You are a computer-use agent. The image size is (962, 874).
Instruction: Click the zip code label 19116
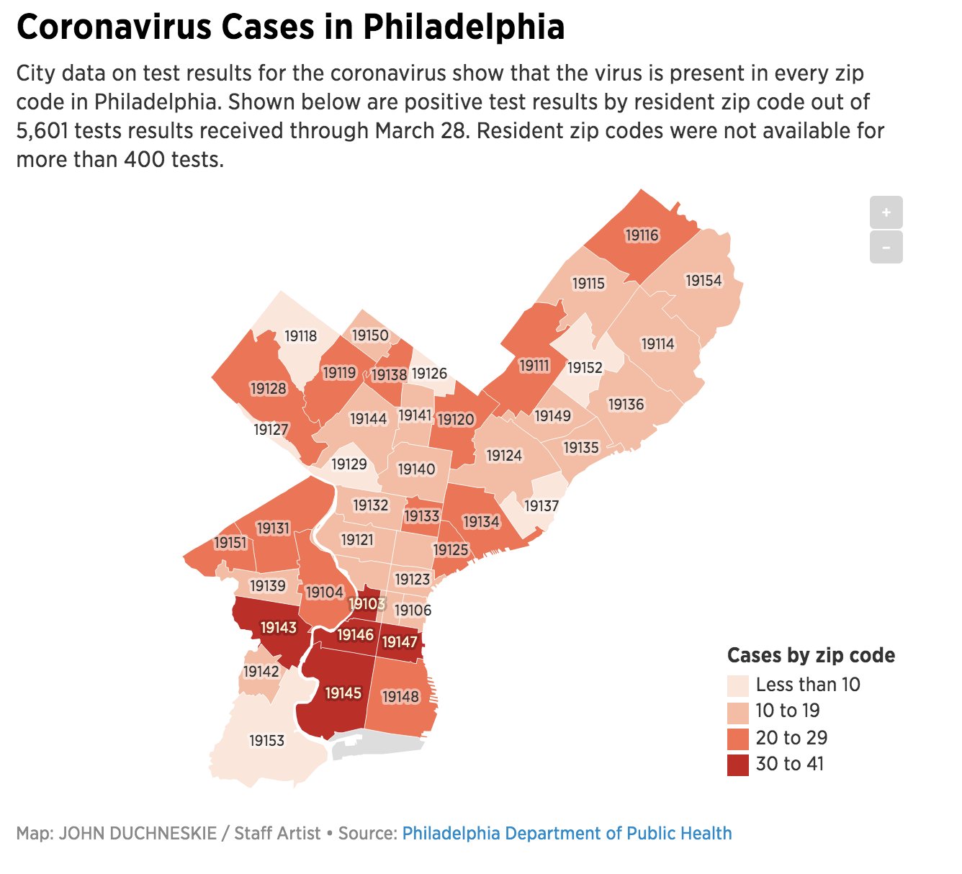coord(642,235)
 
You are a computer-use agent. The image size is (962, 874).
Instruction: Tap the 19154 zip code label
coord(703,281)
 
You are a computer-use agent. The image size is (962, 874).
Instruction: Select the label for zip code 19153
coord(266,741)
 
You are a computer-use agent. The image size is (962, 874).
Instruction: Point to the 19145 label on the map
coord(343,693)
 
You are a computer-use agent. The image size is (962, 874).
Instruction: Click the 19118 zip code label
coord(300,336)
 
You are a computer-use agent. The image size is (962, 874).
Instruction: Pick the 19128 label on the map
coord(268,389)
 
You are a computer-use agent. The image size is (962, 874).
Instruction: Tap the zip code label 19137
coord(541,506)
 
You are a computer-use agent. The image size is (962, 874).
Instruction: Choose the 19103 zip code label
coord(367,604)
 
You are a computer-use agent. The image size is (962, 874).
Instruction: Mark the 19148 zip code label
coord(400,697)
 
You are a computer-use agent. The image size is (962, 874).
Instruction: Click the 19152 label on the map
coord(585,368)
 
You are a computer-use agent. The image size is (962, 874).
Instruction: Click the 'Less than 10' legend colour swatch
coord(738,685)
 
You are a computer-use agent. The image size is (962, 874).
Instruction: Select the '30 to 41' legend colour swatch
coord(738,765)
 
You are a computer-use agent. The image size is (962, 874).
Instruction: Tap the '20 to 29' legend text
coord(791,738)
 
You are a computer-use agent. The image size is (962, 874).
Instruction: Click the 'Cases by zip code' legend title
coord(811,655)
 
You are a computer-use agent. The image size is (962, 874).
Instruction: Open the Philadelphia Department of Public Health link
coord(567,834)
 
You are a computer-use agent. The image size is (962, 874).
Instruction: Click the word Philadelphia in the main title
coord(463,27)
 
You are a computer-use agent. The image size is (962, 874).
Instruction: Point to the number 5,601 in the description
coord(42,131)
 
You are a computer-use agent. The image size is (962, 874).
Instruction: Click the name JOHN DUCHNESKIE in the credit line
coord(138,834)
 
